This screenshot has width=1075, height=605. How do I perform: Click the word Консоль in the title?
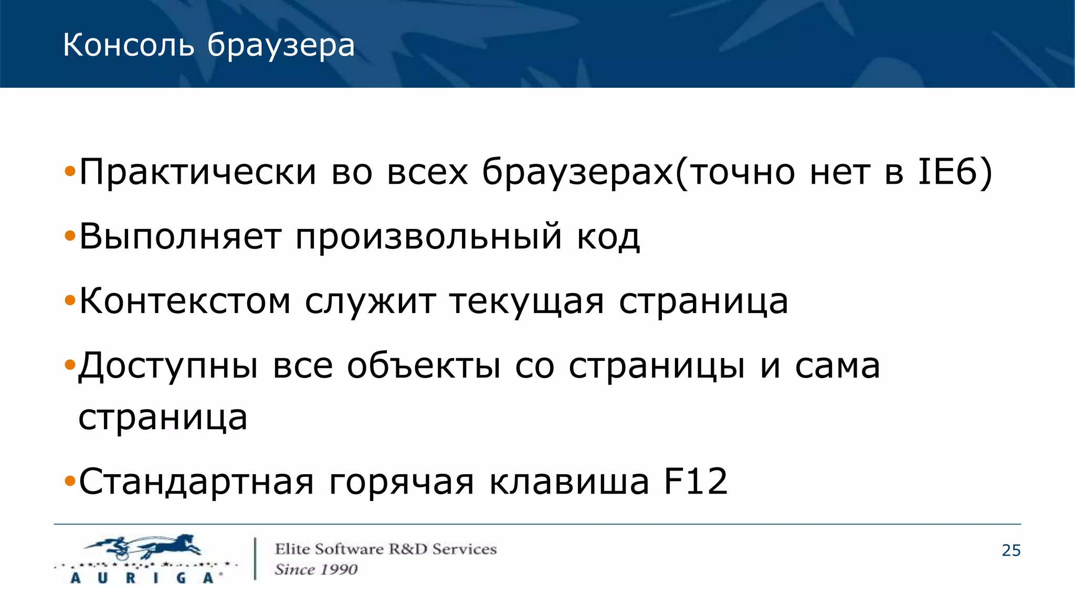tap(129, 45)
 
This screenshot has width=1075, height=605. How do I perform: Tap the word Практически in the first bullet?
tap(198, 172)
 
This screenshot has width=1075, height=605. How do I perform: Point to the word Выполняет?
tap(180, 237)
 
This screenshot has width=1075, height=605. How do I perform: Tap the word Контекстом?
tap(185, 301)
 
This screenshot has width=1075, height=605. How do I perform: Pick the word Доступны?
tap(168, 366)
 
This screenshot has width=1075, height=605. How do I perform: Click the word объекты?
tap(424, 366)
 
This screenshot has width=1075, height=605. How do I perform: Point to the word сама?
tap(837, 366)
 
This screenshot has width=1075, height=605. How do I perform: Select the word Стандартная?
tap(196, 482)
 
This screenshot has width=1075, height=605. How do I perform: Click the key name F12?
tap(696, 481)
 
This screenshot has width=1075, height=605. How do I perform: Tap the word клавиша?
tap(569, 482)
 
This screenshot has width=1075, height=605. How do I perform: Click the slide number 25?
tap(1011, 550)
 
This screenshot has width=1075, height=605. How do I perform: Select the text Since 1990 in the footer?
tap(316, 569)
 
